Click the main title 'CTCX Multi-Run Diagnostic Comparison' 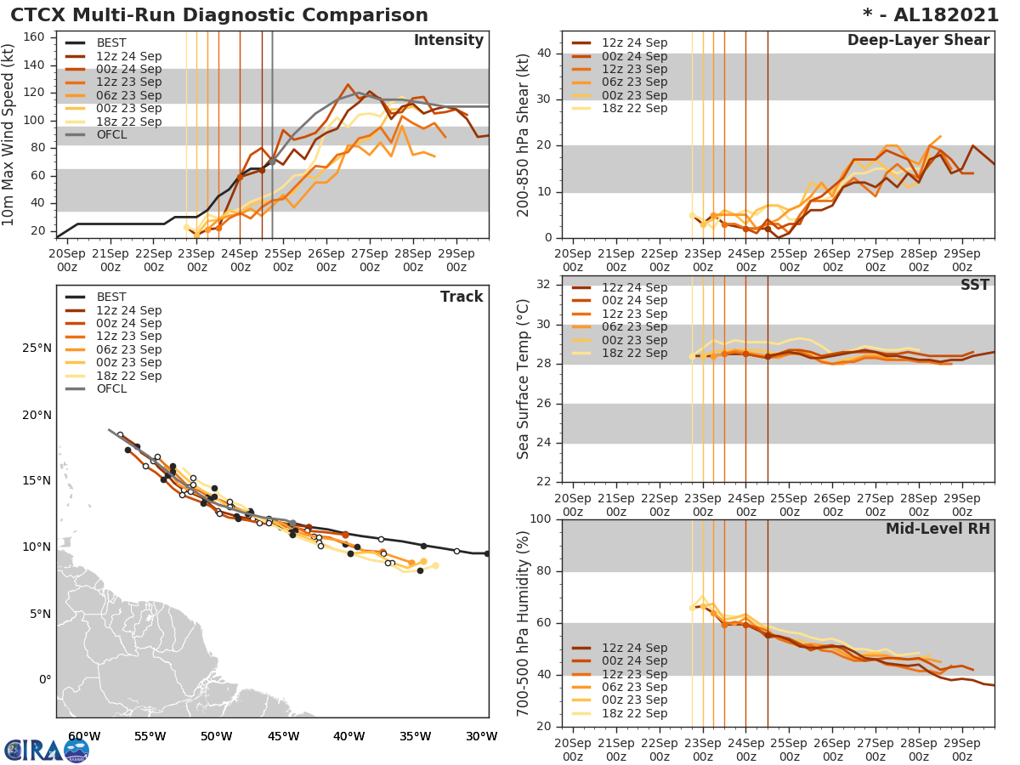point(219,15)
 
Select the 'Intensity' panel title point(448,41)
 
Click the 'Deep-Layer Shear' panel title point(918,41)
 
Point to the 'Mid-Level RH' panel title point(938,530)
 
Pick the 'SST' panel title point(975,285)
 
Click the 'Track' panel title point(462,297)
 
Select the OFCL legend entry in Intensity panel point(112,134)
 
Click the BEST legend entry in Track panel point(110,297)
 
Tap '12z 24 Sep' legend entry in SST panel point(634,287)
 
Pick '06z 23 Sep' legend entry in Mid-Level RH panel point(634,687)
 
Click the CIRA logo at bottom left point(46,750)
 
